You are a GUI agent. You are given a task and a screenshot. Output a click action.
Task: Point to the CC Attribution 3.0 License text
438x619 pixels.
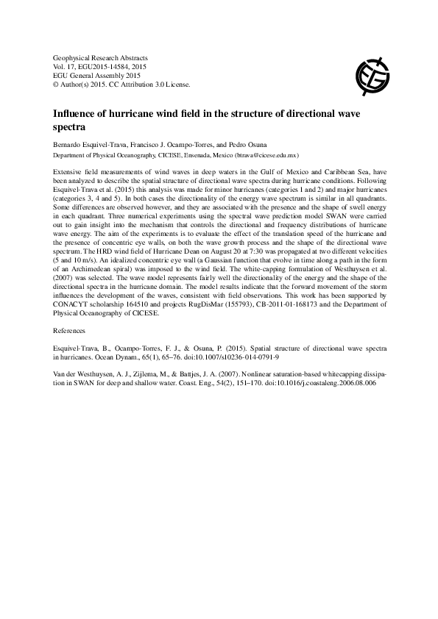pyautogui.click(x=157, y=85)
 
